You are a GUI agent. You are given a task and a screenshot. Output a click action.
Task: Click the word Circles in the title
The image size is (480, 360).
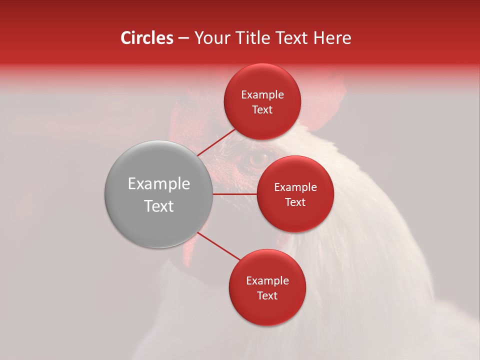point(146,38)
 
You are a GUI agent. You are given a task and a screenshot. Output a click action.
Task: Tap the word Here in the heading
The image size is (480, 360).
point(332,38)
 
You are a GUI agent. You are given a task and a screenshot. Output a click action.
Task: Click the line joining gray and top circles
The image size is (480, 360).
point(216,142)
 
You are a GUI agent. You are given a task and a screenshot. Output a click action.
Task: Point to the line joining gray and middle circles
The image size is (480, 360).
point(235,194)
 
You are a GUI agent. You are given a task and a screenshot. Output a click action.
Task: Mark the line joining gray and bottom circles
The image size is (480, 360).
point(218,246)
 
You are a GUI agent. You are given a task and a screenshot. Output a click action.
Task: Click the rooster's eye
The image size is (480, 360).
point(258,159)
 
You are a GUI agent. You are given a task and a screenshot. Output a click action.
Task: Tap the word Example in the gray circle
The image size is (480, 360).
point(159,184)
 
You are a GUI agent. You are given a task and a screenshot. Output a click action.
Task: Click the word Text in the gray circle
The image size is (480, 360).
point(159,206)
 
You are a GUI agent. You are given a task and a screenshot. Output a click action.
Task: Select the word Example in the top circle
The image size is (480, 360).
point(262,95)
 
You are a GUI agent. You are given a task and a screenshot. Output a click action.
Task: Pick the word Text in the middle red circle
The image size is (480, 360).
point(295,202)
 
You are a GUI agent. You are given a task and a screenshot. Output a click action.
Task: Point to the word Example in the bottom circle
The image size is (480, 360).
point(267,281)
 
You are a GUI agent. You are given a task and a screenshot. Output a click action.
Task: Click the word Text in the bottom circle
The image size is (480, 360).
point(267,295)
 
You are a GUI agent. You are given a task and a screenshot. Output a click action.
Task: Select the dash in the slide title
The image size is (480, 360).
point(183,38)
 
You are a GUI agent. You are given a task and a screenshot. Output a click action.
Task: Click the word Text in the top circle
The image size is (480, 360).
point(262,110)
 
